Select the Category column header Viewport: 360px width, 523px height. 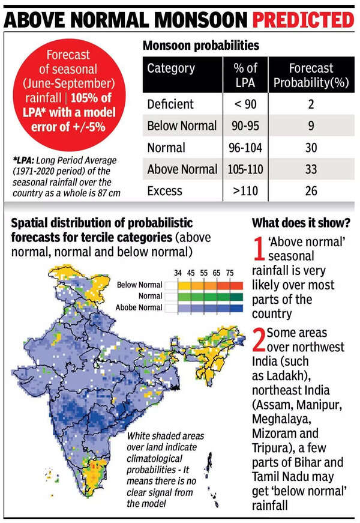pyautogui.click(x=171, y=68)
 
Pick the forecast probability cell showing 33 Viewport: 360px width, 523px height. pyautogui.click(x=311, y=169)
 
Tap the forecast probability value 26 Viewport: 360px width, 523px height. pyautogui.click(x=311, y=192)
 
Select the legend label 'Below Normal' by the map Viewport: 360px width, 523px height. pyautogui.click(x=139, y=285)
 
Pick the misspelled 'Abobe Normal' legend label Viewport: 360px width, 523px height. pyautogui.click(x=139, y=307)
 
